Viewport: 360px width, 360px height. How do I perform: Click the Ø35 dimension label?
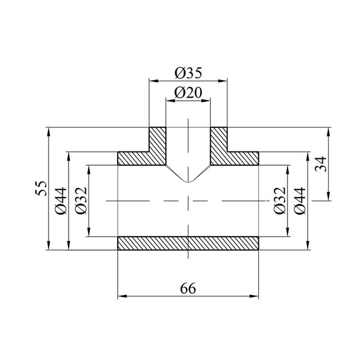[x=188, y=73]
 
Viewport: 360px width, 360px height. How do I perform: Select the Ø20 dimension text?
[x=188, y=93]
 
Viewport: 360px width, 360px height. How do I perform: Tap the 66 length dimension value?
[x=188, y=288]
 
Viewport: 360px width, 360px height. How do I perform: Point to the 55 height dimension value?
[x=41, y=188]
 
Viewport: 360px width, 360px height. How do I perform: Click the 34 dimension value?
[x=321, y=164]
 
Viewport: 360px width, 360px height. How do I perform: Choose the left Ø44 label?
[x=61, y=201]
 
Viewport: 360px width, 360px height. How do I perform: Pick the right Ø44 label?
[x=301, y=201]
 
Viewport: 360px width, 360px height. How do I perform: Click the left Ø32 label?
[x=81, y=201]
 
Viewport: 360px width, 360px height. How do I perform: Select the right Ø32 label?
[x=280, y=201]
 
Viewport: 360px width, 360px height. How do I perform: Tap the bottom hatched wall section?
[x=188, y=243]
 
